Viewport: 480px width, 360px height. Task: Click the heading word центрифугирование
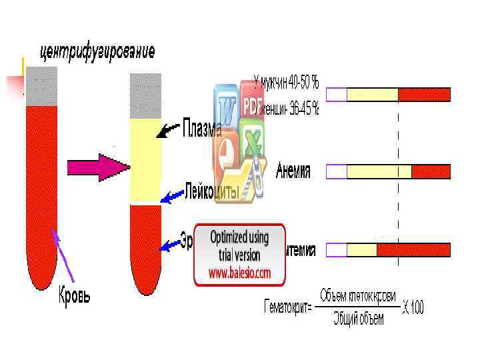pos(98,51)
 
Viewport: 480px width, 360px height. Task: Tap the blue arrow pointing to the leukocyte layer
pos(173,196)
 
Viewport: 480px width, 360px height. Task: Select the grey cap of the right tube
pos(145,96)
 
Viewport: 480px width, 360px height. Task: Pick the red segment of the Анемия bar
pos(431,172)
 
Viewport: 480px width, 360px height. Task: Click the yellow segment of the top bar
pos(372,95)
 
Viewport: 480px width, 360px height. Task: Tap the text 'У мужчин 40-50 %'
pos(286,83)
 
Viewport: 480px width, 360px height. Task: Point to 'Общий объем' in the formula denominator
pos(359,319)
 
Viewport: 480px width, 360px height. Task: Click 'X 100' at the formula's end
pos(413,307)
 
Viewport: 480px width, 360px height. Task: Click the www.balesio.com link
pos(239,273)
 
